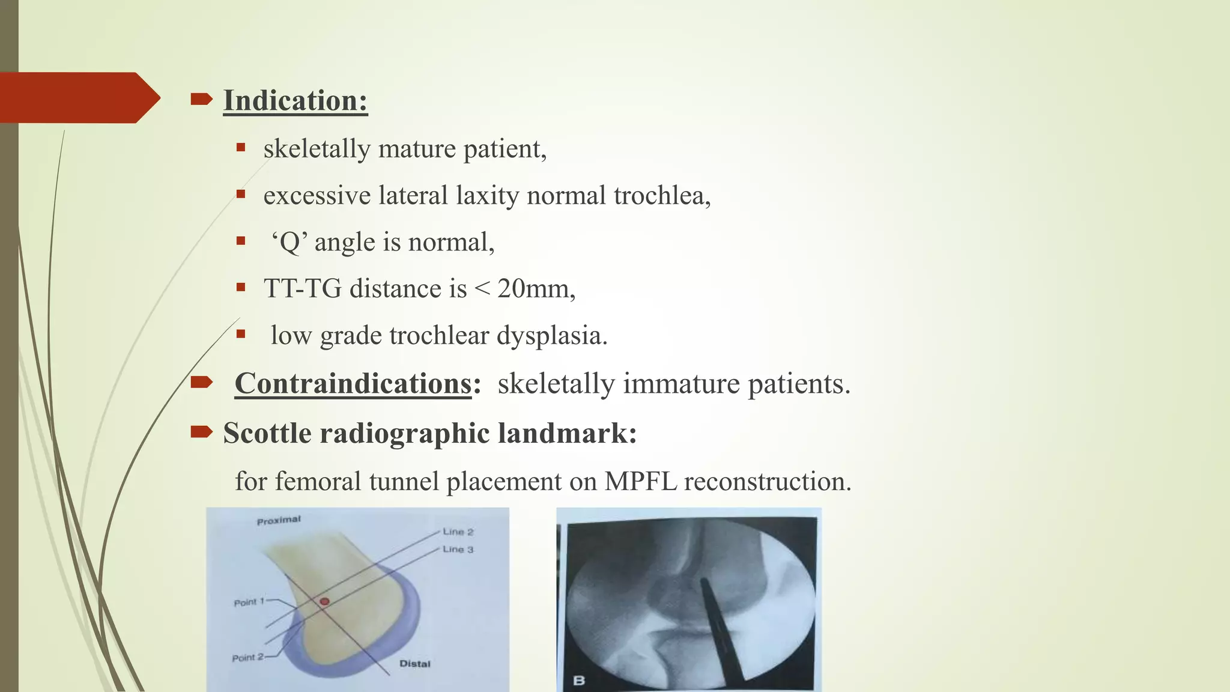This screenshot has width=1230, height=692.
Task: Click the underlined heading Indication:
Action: point(295,100)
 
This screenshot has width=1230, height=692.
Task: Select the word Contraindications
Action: point(353,383)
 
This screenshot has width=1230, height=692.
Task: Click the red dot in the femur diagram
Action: point(324,601)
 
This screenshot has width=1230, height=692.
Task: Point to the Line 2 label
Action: point(458,532)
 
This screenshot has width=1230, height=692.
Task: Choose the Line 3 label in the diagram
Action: point(458,549)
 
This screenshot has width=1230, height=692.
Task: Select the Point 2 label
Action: point(247,658)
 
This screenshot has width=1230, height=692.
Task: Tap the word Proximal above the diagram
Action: point(279,520)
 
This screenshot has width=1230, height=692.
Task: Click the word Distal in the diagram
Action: point(415,664)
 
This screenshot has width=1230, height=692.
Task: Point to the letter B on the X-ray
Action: point(579,681)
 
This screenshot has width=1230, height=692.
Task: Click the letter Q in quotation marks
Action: point(290,243)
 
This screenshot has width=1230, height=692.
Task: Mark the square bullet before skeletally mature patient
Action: point(241,147)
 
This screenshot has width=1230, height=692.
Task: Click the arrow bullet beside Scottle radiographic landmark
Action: point(201,431)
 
